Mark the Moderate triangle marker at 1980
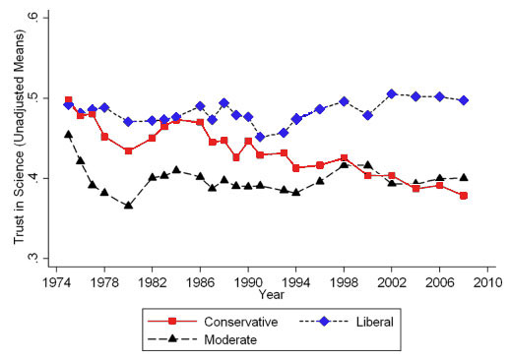click(128, 206)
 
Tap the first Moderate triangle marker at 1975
click(68, 134)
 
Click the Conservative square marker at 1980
click(128, 150)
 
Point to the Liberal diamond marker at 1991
click(260, 138)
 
